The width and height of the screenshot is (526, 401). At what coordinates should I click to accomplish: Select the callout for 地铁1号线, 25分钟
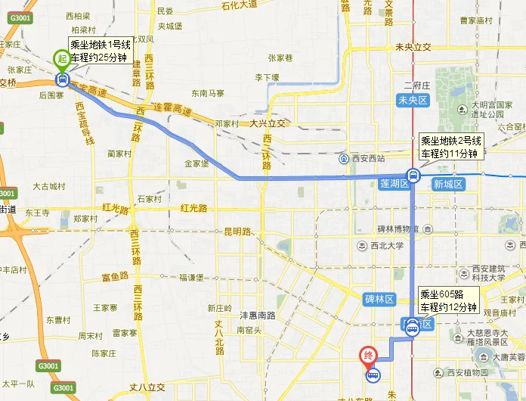pyautogui.click(x=101, y=51)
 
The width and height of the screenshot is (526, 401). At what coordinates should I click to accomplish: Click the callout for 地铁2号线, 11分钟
pyautogui.click(x=450, y=147)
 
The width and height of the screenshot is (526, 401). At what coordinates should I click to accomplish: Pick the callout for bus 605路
pyautogui.click(x=449, y=300)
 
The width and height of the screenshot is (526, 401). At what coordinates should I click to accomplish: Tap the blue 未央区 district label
pyautogui.click(x=414, y=100)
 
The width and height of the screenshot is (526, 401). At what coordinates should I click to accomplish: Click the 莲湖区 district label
pyautogui.click(x=394, y=183)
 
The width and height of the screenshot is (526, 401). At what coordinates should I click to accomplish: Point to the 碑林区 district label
pyautogui.click(x=380, y=300)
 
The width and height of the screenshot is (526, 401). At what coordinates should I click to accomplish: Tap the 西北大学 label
pyautogui.click(x=387, y=245)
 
